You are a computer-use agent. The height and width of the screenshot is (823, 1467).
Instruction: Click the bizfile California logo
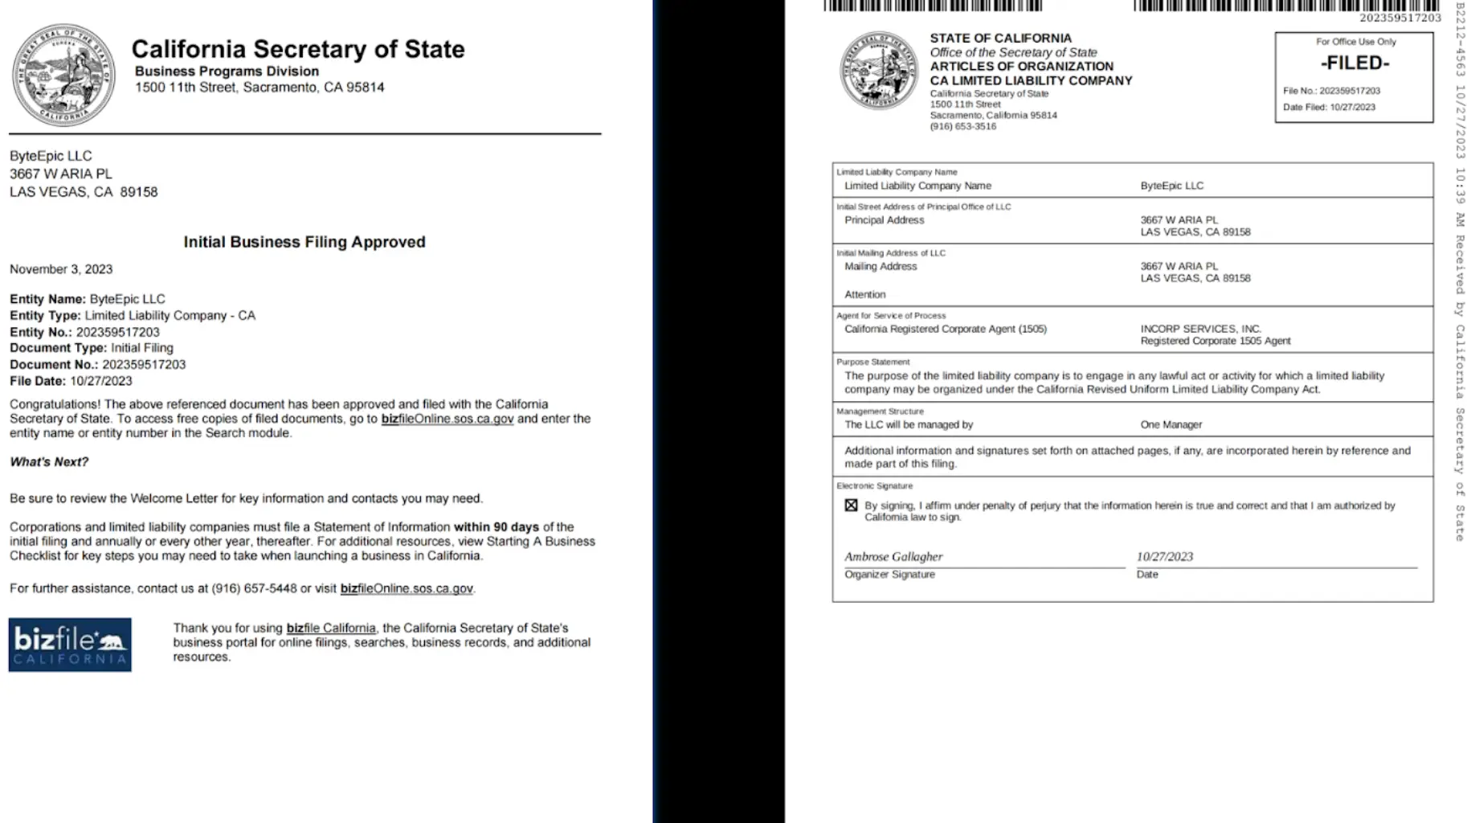point(70,645)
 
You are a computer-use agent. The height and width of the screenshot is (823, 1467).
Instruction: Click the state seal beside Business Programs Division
point(64,75)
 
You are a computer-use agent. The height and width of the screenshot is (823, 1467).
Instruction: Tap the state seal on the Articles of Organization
point(879,71)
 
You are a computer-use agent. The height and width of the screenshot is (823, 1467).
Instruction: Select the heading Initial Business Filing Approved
point(304,242)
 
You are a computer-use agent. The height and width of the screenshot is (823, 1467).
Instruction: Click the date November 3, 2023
point(61,269)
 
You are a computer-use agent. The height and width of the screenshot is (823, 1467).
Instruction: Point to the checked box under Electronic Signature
point(852,506)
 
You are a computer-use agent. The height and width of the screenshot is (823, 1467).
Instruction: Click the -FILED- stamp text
point(1355,63)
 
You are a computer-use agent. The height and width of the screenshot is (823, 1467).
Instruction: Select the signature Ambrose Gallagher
point(893,556)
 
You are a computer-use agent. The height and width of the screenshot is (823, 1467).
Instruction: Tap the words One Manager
point(1171,424)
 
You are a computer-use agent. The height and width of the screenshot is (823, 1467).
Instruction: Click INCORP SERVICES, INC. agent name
point(1201,329)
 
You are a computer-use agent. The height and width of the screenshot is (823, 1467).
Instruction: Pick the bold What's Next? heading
point(49,462)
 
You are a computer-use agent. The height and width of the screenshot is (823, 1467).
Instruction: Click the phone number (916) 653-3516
point(963,126)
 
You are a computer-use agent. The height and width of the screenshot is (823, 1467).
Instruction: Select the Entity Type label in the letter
point(45,316)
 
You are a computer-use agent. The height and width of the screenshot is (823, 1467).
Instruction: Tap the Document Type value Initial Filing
point(142,348)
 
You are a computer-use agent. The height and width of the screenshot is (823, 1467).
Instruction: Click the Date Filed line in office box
point(1329,107)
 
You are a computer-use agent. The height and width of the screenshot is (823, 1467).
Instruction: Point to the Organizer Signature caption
point(889,575)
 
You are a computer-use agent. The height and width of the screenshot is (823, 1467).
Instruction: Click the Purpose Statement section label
point(873,362)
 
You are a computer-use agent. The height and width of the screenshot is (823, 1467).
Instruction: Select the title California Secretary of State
point(298,49)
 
